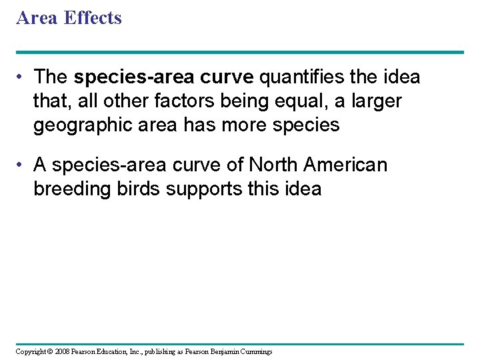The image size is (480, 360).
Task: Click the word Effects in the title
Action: tap(93, 18)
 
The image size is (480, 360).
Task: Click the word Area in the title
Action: tap(37, 18)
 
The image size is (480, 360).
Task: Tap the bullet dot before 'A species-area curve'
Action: tap(23, 165)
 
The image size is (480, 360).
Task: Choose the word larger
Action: tap(375, 101)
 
